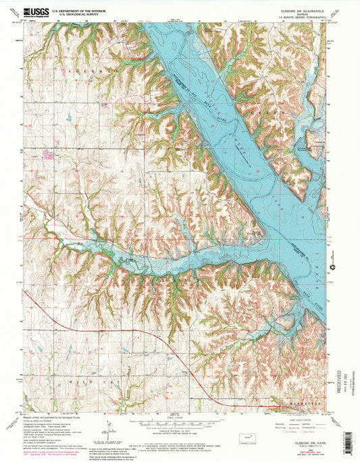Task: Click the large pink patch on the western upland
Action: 48,154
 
